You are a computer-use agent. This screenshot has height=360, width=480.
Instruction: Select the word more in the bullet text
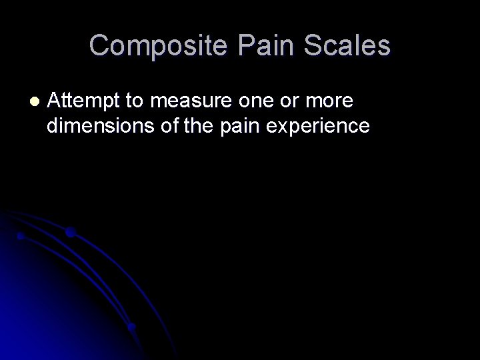[x=332, y=101]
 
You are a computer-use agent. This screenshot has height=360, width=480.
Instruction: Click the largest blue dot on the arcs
[x=69, y=233]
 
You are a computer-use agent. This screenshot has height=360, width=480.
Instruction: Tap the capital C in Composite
[x=100, y=46]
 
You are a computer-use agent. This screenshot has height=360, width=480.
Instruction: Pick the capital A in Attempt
[x=55, y=101]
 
